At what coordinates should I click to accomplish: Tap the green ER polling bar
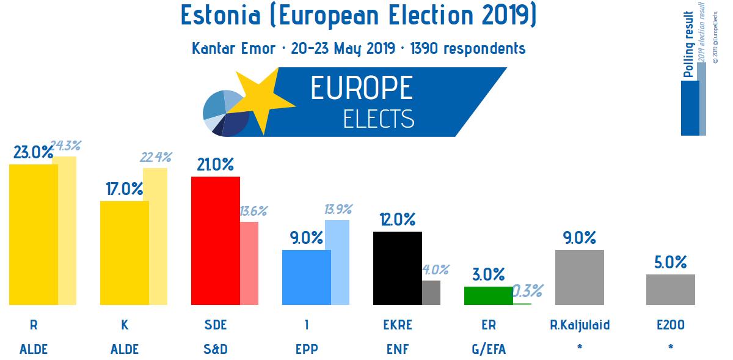point(488,295)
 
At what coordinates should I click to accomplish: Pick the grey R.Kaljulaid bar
point(579,277)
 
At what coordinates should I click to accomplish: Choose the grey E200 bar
point(670,289)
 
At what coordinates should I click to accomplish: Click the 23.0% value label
point(33,152)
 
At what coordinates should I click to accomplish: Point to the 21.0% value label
point(215,164)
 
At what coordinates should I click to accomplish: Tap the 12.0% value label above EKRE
point(397,219)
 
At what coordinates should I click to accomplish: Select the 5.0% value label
point(670,263)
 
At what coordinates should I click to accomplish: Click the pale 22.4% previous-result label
point(155,157)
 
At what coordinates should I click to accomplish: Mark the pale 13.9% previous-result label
point(337,210)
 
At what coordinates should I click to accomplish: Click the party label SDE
point(215,325)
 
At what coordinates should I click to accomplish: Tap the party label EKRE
point(397,325)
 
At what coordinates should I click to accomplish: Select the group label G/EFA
point(488,350)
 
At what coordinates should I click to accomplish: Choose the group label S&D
point(215,350)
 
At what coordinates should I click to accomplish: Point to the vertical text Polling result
point(688,46)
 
